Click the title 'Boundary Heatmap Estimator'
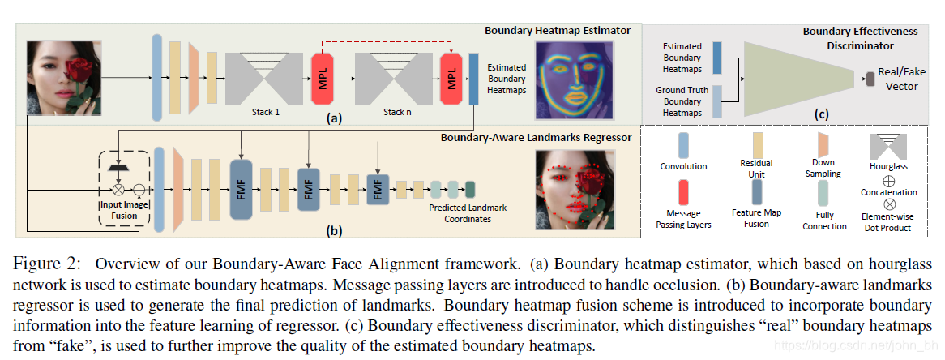(557, 31)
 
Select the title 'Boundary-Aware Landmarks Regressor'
(536, 137)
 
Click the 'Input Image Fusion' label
(123, 208)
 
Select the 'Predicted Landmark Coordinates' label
(468, 213)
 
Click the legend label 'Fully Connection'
(824, 221)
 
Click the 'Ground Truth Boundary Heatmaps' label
(682, 101)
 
